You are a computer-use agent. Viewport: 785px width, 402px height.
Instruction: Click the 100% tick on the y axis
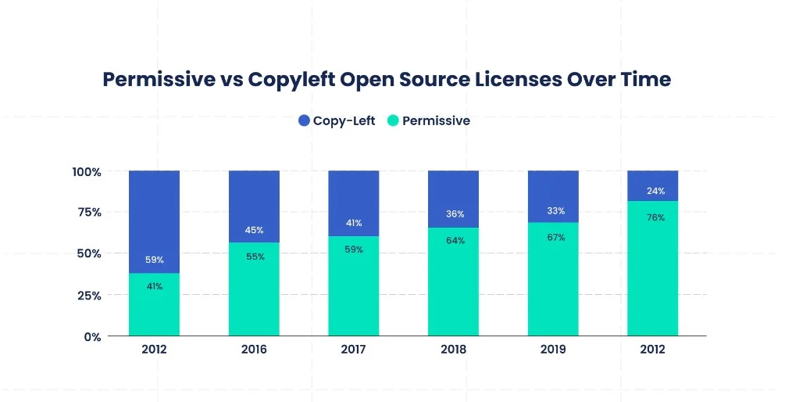(x=87, y=172)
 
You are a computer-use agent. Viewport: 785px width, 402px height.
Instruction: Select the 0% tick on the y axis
(x=92, y=337)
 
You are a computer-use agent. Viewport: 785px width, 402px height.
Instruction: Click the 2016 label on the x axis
(x=254, y=350)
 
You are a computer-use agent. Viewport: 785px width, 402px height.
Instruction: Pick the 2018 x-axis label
(x=453, y=350)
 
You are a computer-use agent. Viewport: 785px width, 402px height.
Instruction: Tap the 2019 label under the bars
(x=553, y=350)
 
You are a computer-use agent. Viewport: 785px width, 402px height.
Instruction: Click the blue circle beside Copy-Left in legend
(x=305, y=120)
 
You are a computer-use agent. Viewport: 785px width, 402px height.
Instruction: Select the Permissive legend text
(x=436, y=120)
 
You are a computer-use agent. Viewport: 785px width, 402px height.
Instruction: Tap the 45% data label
(x=254, y=230)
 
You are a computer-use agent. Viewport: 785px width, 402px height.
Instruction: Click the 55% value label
(x=254, y=257)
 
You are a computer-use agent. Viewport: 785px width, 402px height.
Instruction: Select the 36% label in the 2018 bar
(x=453, y=214)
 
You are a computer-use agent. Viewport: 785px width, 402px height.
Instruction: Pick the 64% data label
(x=453, y=241)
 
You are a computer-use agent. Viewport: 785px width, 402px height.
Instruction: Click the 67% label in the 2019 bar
(x=553, y=237)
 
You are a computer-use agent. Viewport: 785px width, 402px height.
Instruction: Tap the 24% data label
(x=653, y=191)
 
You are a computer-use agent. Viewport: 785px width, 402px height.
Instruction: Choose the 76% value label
(x=653, y=217)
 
